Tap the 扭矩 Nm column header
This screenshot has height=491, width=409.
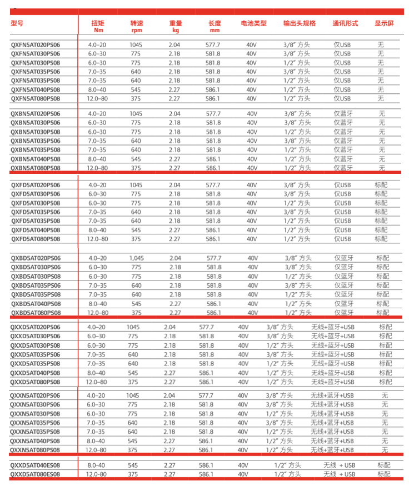pos(98,26)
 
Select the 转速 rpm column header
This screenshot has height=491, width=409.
pos(137,26)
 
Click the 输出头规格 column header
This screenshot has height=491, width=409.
pos(299,23)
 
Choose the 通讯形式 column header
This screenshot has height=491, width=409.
pos(345,23)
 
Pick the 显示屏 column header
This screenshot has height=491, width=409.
pos(384,23)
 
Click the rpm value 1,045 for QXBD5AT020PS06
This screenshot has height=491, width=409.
pos(136,258)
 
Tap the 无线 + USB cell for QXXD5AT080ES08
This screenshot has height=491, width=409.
pos(339,474)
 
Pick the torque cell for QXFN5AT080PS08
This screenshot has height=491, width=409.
pos(97,98)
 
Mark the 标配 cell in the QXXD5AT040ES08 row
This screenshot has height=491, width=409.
pos(384,465)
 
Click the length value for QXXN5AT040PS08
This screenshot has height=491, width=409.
pos(206,440)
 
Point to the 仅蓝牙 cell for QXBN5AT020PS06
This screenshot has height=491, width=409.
pos(343,113)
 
